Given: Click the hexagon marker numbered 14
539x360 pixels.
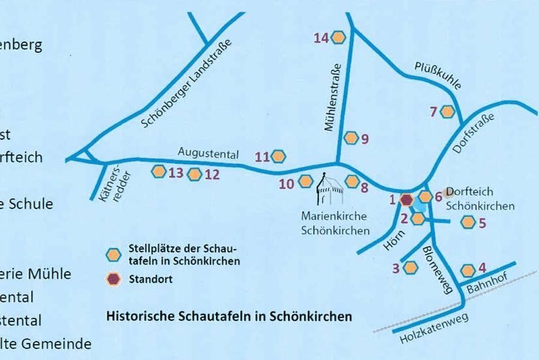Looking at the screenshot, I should (x=338, y=38).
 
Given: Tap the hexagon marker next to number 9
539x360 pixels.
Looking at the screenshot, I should (x=351, y=138).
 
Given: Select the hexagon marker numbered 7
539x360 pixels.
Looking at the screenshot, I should (x=447, y=112).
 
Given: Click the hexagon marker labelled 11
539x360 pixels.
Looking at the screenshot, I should (x=279, y=156).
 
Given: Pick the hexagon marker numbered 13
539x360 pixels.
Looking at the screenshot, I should (x=159, y=172).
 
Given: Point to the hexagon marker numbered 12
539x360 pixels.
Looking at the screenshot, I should (x=194, y=174).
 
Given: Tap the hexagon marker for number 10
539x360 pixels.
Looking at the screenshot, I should (x=305, y=182).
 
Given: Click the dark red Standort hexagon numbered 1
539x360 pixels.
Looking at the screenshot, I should (x=406, y=199).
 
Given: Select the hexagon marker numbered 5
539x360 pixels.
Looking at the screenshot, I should (x=468, y=222).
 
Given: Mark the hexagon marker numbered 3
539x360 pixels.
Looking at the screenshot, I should (x=410, y=267).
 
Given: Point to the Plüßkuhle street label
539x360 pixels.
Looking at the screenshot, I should (x=438, y=76).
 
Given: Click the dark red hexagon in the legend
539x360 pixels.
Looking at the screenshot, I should (x=114, y=280).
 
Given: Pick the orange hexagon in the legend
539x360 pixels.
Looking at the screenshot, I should (x=114, y=254).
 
